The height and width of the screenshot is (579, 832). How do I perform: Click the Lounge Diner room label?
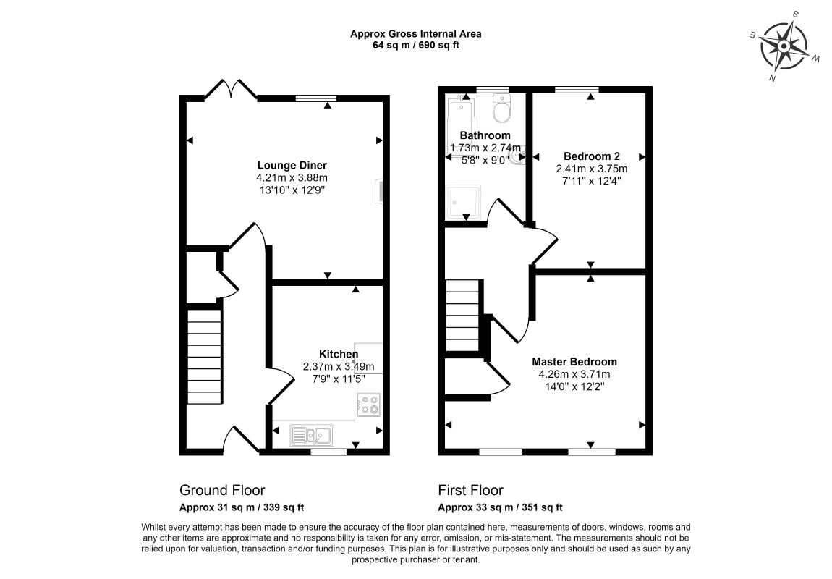click(292, 166)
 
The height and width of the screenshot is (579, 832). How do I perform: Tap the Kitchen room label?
click(339, 354)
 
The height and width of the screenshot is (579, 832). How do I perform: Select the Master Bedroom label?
click(574, 362)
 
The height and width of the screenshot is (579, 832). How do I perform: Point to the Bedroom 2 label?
click(592, 156)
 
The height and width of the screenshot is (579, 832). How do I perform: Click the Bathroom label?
click(485, 135)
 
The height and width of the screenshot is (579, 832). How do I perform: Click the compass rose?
click(784, 46)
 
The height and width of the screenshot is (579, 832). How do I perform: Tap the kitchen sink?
click(312, 436)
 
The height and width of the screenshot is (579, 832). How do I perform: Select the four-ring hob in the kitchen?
click(369, 405)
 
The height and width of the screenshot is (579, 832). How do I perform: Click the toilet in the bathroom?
click(501, 109)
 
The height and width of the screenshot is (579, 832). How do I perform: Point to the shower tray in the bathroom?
click(464, 203)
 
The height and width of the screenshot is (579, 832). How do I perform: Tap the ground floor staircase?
click(204, 359)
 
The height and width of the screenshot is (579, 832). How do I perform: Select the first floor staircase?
click(463, 316)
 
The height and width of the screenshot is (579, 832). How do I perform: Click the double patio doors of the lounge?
click(231, 89)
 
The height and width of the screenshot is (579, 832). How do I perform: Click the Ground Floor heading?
click(222, 490)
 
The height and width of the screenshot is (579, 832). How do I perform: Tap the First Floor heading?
click(471, 490)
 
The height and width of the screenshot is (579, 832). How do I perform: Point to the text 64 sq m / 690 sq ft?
click(416, 45)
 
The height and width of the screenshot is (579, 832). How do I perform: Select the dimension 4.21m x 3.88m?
click(292, 178)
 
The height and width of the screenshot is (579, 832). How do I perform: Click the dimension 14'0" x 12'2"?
click(574, 386)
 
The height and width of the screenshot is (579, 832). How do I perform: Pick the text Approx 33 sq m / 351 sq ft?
click(501, 507)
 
